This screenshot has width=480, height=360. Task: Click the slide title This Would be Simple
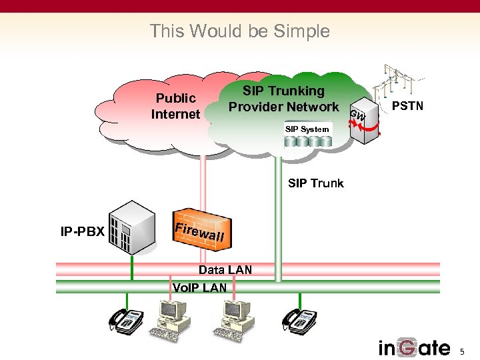pos(239,31)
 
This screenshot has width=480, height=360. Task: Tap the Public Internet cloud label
pos(175,106)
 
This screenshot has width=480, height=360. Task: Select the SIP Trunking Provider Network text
pos(283,99)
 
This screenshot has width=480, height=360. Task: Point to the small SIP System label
pos(307,129)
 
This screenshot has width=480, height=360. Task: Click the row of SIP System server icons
pos(308,141)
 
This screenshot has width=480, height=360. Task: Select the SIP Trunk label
pos(315,183)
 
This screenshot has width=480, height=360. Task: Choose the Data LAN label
pos(225,270)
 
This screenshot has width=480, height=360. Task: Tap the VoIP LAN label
pos(199,288)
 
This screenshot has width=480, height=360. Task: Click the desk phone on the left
pos(125,320)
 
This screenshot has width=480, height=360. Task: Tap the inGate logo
pos(414,347)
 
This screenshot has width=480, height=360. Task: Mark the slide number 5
pos(464,351)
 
